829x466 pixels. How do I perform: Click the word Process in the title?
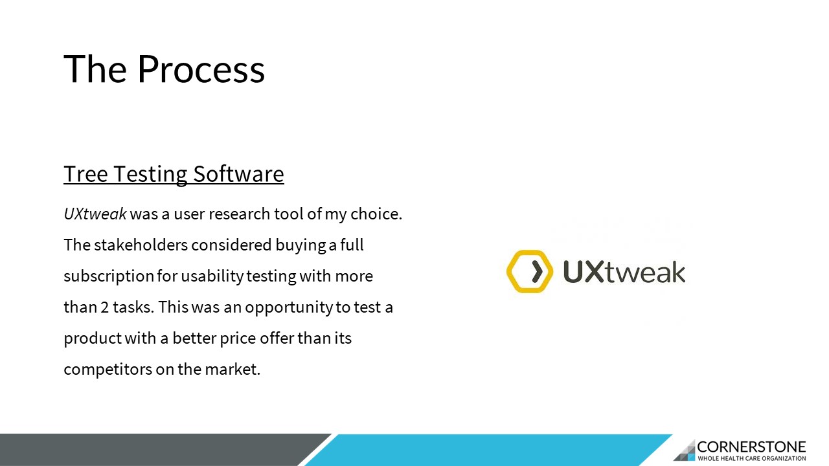pyautogui.click(x=201, y=69)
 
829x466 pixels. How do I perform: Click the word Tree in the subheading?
pyautogui.click(x=85, y=174)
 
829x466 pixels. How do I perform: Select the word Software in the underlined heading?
pyautogui.click(x=239, y=174)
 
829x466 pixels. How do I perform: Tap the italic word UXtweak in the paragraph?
pyautogui.click(x=95, y=214)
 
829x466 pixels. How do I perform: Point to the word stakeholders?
pyautogui.click(x=141, y=245)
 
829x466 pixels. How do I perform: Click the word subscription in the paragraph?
pyautogui.click(x=109, y=276)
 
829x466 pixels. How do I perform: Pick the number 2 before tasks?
pyautogui.click(x=105, y=307)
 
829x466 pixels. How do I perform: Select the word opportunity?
pyautogui.click(x=289, y=307)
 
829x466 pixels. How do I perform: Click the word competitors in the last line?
pyautogui.click(x=108, y=370)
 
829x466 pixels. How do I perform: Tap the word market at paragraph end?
pyautogui.click(x=233, y=369)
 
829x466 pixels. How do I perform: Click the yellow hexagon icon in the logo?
pyautogui.click(x=530, y=271)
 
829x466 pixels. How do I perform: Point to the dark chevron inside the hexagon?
pyautogui.click(x=537, y=271)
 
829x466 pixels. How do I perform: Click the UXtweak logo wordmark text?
pyautogui.click(x=624, y=272)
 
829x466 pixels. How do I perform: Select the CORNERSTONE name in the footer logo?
pyautogui.click(x=751, y=447)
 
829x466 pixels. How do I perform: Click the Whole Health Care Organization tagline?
pyautogui.click(x=752, y=459)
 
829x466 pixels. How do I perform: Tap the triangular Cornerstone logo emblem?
pyautogui.click(x=685, y=450)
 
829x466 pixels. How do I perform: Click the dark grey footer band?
pyautogui.click(x=155, y=450)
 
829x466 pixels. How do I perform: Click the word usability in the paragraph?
pyautogui.click(x=212, y=276)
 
